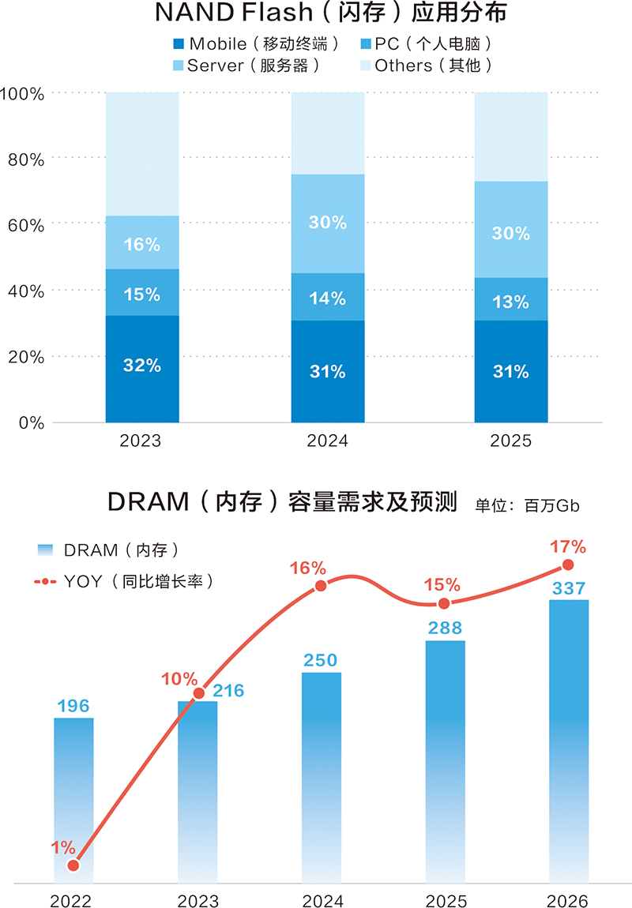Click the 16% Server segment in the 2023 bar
pyautogui.click(x=142, y=243)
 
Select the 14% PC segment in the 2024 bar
pyautogui.click(x=328, y=297)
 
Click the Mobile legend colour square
pyautogui.click(x=178, y=44)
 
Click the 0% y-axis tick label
pyautogui.click(x=31, y=422)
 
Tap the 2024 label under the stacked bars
pyautogui.click(x=327, y=441)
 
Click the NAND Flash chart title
pyautogui.click(x=321, y=13)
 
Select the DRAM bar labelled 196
pyautogui.click(x=73, y=797)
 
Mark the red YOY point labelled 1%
pyautogui.click(x=73, y=865)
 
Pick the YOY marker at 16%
pyautogui.click(x=322, y=586)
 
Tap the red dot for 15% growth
pyautogui.click(x=444, y=603)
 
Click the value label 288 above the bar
pyautogui.click(x=446, y=628)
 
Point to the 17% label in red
pyautogui.click(x=568, y=546)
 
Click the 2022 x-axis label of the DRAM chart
pyautogui.click(x=72, y=901)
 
